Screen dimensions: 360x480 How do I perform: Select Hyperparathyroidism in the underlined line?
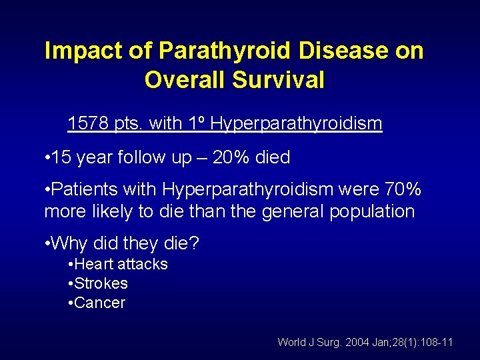(295, 123)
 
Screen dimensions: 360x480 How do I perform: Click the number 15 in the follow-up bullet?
(61, 157)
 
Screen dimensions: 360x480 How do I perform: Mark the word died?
(273, 157)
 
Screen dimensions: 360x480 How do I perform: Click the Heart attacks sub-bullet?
(121, 264)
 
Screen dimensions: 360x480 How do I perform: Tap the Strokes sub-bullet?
(101, 283)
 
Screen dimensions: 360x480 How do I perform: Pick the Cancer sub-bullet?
(99, 303)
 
